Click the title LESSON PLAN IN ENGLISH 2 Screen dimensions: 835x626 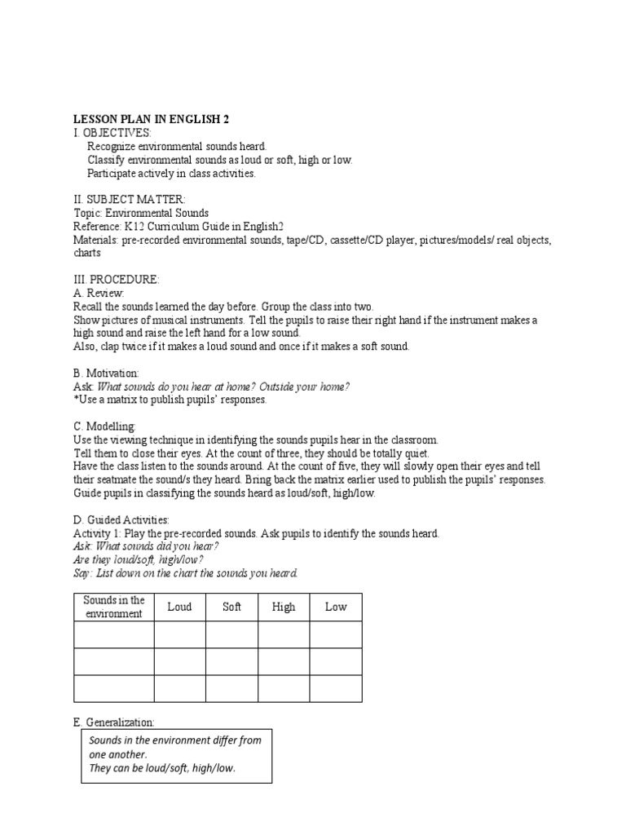click(151, 119)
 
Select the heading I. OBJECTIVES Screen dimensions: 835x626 click(112, 133)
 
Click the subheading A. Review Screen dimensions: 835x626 click(98, 293)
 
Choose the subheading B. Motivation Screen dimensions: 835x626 click(106, 373)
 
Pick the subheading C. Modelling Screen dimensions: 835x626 click(104, 426)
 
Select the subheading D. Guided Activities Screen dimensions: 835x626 click(121, 519)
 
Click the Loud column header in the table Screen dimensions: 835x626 click(179, 607)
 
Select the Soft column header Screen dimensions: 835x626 click(231, 607)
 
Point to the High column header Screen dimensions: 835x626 click(284, 607)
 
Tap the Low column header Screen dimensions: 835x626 click(336, 607)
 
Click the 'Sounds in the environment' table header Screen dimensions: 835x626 click(114, 607)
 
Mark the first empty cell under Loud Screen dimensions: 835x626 click(179, 635)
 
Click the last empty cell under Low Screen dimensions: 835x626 click(336, 688)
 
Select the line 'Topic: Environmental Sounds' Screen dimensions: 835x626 click(141, 213)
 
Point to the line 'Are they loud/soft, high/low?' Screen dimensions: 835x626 click(139, 559)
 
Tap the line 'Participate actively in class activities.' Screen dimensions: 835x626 click(171, 173)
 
